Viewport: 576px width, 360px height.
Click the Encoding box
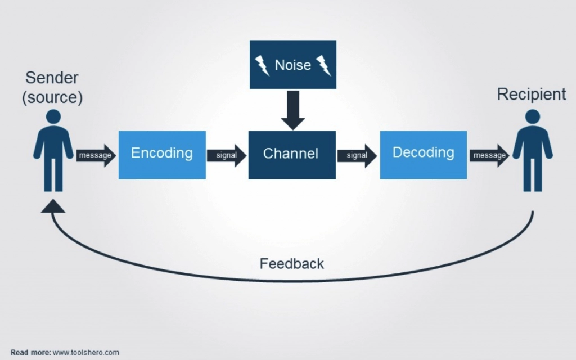coord(162,155)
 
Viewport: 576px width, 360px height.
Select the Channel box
coord(292,155)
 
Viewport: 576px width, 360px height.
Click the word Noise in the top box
coord(292,65)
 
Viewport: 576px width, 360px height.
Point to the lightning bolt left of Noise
coord(262,66)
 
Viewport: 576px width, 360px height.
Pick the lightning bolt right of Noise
coord(323,66)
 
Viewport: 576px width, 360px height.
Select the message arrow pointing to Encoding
coord(96,155)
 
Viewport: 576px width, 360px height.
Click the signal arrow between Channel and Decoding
coord(357,155)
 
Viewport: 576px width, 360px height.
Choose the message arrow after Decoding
coord(489,155)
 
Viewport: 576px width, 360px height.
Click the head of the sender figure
coord(53,117)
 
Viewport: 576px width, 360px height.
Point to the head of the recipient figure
coord(532,117)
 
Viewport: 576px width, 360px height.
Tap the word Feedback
coord(291,263)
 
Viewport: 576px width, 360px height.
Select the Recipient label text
coord(531,94)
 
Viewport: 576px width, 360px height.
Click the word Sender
coord(52,78)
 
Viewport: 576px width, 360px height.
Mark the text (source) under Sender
coord(52,97)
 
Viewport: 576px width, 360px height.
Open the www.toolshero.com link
coord(86,353)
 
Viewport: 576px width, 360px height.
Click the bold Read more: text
coord(30,353)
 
